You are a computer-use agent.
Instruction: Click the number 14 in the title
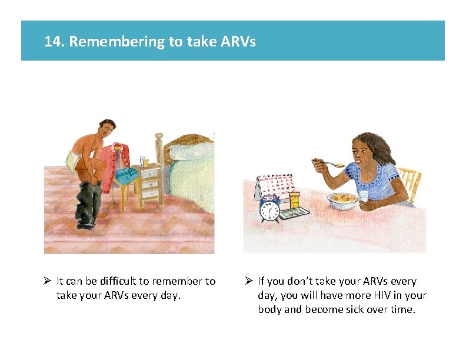pos(52,42)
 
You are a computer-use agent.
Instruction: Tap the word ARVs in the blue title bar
pos(239,42)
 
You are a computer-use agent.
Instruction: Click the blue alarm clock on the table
pos(270,209)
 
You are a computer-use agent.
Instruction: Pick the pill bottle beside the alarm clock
pos(294,200)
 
